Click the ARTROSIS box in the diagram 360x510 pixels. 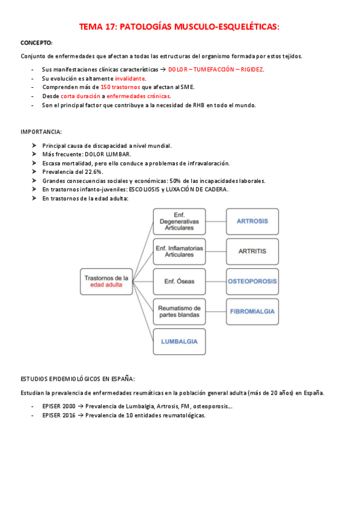point(252,221)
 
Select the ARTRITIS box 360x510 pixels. point(252,251)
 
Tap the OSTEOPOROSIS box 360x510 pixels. point(252,281)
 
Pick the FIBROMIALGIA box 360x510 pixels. point(252,312)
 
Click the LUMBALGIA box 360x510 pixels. point(179,342)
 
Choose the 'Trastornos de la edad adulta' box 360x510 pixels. point(106,281)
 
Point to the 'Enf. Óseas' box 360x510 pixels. point(179,281)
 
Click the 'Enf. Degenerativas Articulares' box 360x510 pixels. point(179,221)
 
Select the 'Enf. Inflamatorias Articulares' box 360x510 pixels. point(179,251)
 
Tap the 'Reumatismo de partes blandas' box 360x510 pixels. point(179,312)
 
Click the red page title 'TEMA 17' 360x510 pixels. point(180,27)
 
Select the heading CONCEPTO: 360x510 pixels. point(37,43)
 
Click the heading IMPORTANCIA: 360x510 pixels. point(41,132)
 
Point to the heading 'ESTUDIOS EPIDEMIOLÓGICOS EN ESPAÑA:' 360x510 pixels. point(78,379)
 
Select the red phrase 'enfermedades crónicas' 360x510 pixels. point(138,96)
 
